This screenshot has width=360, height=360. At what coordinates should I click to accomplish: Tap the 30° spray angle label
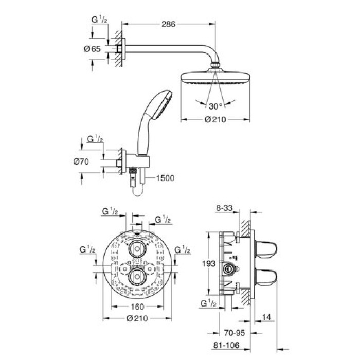point(215,106)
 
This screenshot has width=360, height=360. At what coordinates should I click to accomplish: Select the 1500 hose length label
point(164,178)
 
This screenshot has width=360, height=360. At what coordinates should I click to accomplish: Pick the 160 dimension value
point(136,307)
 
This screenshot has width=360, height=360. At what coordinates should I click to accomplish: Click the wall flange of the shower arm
point(119,49)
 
